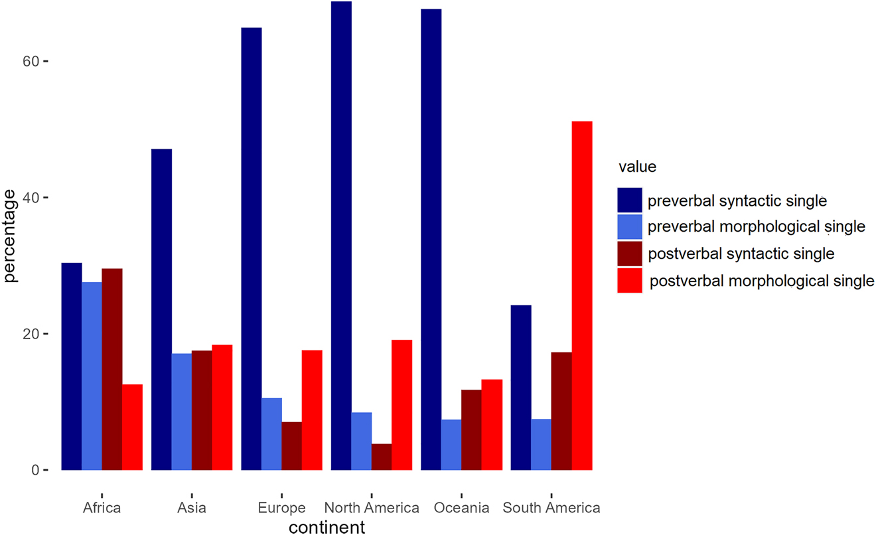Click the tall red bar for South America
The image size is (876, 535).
(x=582, y=295)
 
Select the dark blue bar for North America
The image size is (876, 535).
(x=341, y=236)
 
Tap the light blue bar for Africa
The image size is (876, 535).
(x=92, y=376)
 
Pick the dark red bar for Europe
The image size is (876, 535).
(x=291, y=446)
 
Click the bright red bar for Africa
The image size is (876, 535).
(x=132, y=427)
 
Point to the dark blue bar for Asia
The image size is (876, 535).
(x=161, y=309)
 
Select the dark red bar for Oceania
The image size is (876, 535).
(x=471, y=429)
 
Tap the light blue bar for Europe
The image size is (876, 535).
(x=271, y=434)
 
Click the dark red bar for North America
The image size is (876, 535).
(x=382, y=457)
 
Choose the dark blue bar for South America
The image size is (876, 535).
(x=521, y=388)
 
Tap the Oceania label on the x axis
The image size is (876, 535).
(x=462, y=508)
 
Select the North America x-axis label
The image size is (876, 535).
(x=372, y=508)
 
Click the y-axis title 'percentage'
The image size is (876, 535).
(x=10, y=236)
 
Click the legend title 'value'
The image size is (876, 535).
(x=636, y=167)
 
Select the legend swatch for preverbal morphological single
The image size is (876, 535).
(x=629, y=226)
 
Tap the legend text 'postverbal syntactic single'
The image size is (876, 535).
(x=741, y=254)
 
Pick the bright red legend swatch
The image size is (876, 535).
(x=629, y=281)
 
